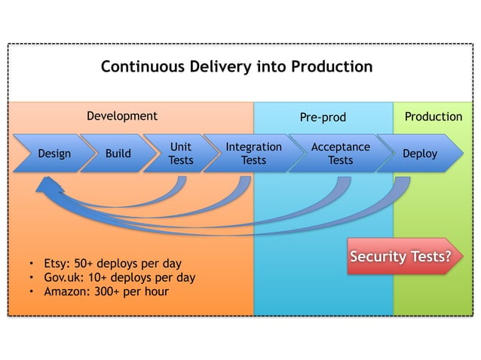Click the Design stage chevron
(x=54, y=154)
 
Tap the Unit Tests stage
(x=180, y=154)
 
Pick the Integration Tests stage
(x=253, y=154)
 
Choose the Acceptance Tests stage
(x=340, y=154)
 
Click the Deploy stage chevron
(x=420, y=154)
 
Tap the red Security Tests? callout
(x=401, y=258)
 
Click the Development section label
(x=121, y=116)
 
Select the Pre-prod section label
(x=323, y=117)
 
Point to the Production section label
(x=433, y=116)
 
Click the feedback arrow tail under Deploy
(x=403, y=182)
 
